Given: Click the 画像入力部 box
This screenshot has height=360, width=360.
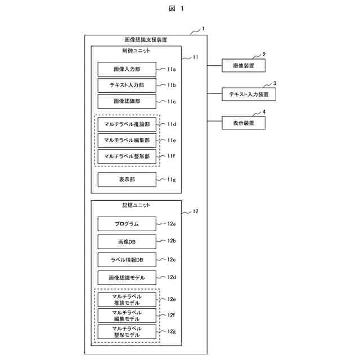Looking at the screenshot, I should click(x=127, y=69).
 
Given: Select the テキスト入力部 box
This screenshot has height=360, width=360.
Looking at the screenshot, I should click(x=127, y=85).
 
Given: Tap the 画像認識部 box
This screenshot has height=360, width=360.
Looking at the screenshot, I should click(x=127, y=101).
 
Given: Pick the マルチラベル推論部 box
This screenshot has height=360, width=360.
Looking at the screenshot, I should click(x=127, y=124).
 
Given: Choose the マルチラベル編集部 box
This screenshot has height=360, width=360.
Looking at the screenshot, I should click(x=127, y=140).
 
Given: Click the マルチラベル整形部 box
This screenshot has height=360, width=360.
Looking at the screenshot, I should click(x=127, y=156).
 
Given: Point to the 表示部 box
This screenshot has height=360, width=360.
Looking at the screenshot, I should click(x=127, y=179).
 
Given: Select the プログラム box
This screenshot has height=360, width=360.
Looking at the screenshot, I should click(x=127, y=224).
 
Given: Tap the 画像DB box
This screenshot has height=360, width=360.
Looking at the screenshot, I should click(x=127, y=242).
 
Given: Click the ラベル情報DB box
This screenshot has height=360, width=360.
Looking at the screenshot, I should click(x=127, y=260).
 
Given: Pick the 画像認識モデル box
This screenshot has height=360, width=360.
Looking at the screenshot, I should click(x=127, y=278).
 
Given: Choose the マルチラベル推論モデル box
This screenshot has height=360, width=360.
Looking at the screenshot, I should click(x=127, y=299).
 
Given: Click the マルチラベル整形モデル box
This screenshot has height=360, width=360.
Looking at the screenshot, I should click(x=127, y=331).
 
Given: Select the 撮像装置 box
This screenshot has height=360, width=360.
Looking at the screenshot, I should click(x=244, y=66).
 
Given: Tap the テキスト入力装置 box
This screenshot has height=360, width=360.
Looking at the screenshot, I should click(x=249, y=94).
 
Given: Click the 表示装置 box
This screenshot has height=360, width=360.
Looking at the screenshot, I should click(x=244, y=123).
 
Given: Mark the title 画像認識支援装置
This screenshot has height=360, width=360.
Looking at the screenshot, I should click(x=145, y=40).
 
